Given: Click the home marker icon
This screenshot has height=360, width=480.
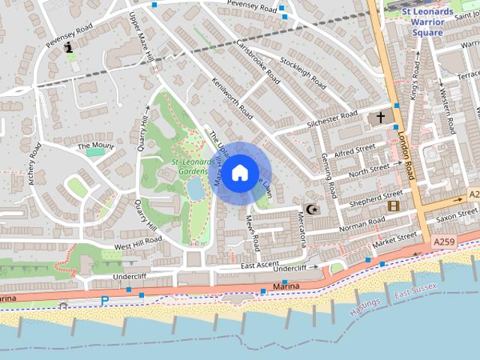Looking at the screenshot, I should click(239, 173).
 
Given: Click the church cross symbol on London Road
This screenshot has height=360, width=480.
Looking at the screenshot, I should click(380, 118).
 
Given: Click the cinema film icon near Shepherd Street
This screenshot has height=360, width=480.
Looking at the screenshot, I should click(393, 205).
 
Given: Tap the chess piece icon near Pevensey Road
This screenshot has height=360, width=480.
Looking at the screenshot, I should click(69, 47).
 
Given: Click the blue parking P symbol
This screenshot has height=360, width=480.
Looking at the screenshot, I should click(104, 301).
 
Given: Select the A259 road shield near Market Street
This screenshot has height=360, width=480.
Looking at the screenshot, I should click(443, 243).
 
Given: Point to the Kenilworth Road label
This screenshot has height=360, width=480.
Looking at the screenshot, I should click(232, 99).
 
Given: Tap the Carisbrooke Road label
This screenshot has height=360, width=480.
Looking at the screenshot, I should click(257, 61).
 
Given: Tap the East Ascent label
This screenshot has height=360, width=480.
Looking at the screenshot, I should click(260, 265).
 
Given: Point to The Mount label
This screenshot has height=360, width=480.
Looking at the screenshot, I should click(95, 145).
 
